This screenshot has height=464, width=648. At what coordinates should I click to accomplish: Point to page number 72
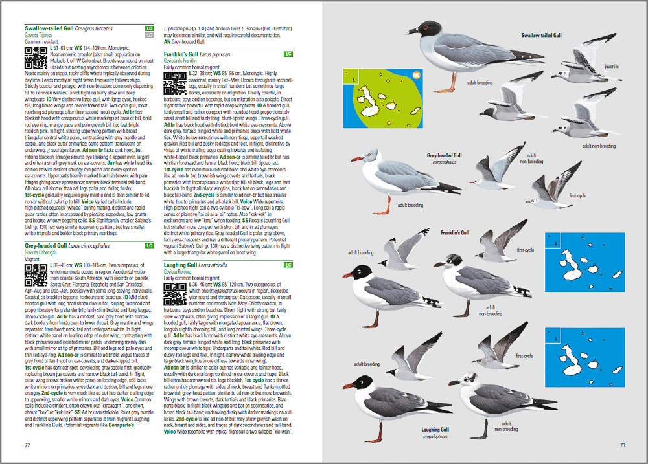(27, 445)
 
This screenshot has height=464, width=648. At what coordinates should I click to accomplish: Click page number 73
(622, 445)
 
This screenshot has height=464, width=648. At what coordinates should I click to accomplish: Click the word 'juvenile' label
(611, 67)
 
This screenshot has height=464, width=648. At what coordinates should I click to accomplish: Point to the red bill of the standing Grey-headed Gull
(356, 159)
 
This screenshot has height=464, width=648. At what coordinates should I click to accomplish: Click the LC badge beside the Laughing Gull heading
(289, 265)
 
